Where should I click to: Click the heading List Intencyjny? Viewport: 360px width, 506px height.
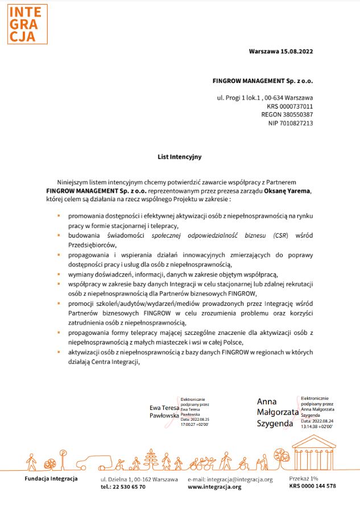[180, 155]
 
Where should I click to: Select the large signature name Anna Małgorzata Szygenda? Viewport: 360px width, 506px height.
[275, 412]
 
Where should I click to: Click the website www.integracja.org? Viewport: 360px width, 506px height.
[214, 487]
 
